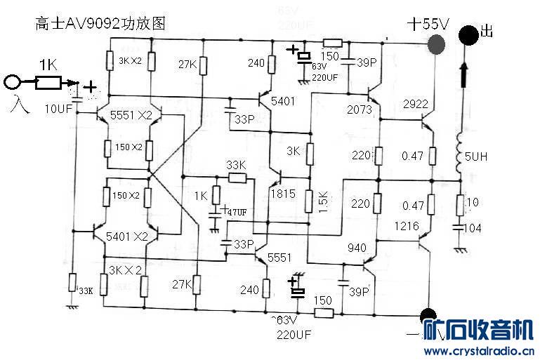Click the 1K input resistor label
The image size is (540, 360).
point(48,65)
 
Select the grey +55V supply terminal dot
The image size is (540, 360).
point(437,45)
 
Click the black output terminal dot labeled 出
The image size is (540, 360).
point(467,34)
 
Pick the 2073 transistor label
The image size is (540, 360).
point(359,109)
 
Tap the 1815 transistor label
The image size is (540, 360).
point(282,194)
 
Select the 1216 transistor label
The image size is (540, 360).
point(407,226)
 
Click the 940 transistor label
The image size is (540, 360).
point(357,247)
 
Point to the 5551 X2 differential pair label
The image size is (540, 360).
point(131,115)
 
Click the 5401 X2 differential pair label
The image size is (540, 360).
point(127,236)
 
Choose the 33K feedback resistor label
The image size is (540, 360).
point(236,164)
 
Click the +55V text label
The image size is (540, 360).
point(428,24)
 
